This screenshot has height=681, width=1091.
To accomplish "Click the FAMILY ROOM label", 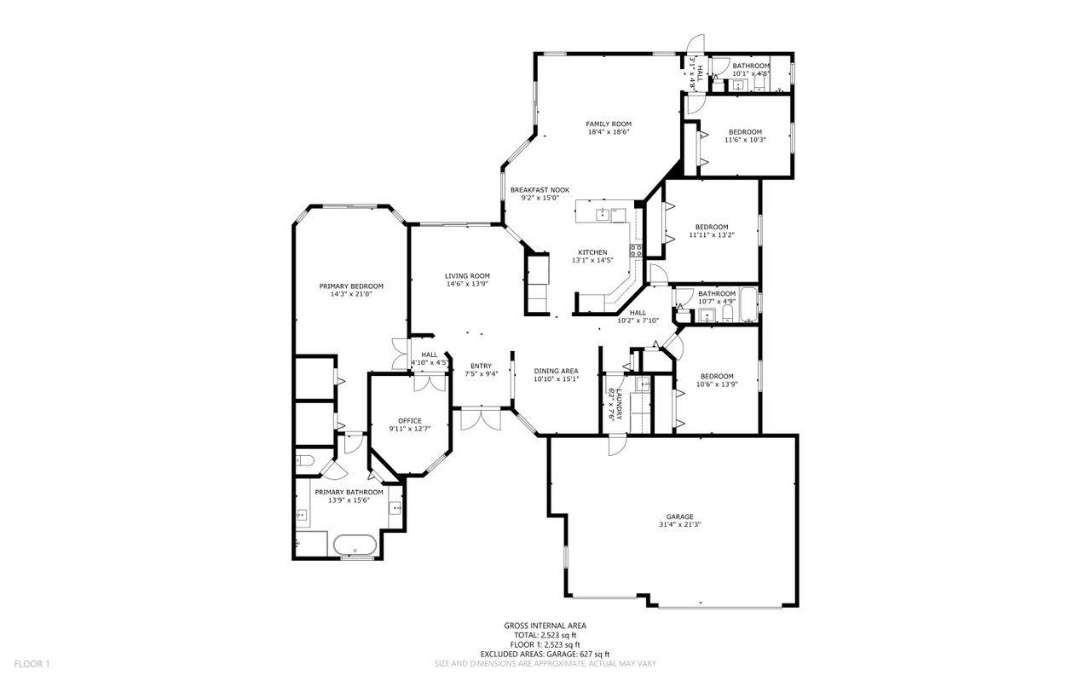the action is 609,124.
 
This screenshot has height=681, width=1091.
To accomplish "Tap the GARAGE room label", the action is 679,517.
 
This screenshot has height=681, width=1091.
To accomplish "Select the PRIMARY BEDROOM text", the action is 351,286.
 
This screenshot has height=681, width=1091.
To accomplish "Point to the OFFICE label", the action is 410,421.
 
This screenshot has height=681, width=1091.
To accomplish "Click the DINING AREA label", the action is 556,372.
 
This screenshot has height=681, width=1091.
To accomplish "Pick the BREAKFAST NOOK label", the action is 540,190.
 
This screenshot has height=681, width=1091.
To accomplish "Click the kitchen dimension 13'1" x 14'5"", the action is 592,260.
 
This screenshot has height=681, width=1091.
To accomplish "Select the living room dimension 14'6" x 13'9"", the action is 467,284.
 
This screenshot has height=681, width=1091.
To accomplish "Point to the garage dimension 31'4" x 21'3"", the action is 679,525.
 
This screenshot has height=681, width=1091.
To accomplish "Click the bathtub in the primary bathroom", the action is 355,545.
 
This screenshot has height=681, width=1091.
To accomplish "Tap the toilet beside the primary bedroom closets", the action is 305,460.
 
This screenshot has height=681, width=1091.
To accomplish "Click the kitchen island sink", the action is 603,214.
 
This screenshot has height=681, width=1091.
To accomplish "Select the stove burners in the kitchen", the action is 636,251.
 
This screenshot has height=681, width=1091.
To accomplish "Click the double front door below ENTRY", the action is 481,419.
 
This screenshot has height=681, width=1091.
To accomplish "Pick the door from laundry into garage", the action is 616,445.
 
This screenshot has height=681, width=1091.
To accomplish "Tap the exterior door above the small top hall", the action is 696,43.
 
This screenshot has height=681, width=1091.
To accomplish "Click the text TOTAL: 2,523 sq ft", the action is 545,635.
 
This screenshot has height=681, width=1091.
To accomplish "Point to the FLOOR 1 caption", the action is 32,663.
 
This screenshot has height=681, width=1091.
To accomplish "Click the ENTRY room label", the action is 482,366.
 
